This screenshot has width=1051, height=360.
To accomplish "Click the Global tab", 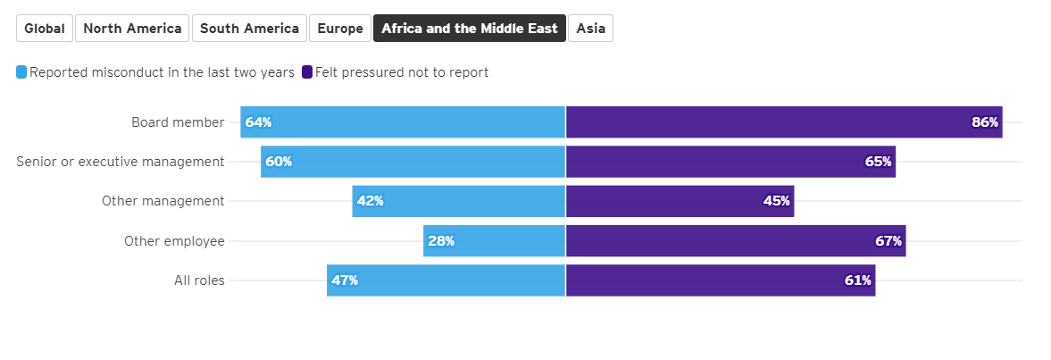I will pyautogui.click(x=45, y=29).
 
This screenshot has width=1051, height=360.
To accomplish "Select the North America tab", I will pyautogui.click(x=132, y=29).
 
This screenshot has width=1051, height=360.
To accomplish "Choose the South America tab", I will pyautogui.click(x=249, y=29).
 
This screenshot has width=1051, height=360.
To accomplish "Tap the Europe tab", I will pyautogui.click(x=340, y=29).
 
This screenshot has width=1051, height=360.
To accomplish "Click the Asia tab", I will pyautogui.click(x=590, y=29).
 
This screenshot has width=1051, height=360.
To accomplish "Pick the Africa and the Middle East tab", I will pyautogui.click(x=470, y=29).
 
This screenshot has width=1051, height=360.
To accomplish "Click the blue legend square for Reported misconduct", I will pyautogui.click(x=21, y=72).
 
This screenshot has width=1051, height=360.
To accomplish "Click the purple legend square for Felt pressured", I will pyautogui.click(x=307, y=72).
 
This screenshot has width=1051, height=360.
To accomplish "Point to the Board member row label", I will pyautogui.click(x=178, y=122).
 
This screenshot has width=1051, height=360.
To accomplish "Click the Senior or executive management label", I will pyautogui.click(x=121, y=162).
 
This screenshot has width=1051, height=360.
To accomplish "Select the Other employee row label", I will pyautogui.click(x=174, y=240).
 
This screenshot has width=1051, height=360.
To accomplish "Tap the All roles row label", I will pyautogui.click(x=199, y=280).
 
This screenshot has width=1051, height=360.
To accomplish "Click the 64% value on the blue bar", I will pyautogui.click(x=258, y=122).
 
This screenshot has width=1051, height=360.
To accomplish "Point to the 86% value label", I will pyautogui.click(x=985, y=122).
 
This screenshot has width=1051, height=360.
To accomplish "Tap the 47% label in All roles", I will pyautogui.click(x=345, y=280).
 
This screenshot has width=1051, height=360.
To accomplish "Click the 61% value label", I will pyautogui.click(x=857, y=280).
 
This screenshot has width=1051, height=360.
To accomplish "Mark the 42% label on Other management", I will pyautogui.click(x=370, y=201).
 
